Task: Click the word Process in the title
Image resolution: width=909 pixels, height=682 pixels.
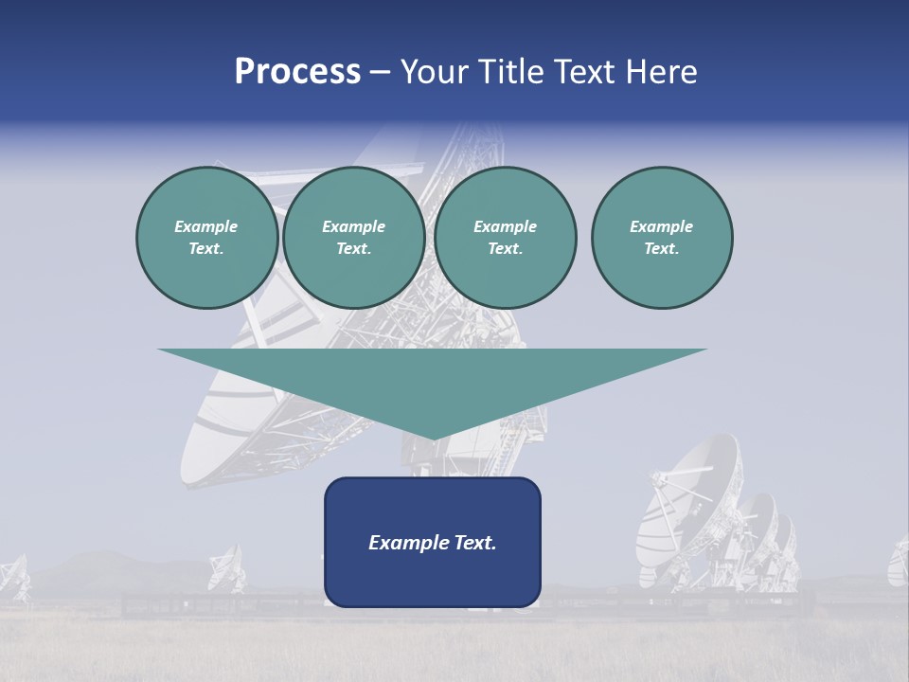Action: (x=297, y=72)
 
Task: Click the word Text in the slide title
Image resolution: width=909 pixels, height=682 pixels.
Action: (x=583, y=72)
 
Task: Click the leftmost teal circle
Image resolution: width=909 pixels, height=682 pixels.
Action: (x=207, y=238)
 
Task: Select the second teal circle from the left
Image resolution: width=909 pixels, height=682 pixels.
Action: (x=354, y=238)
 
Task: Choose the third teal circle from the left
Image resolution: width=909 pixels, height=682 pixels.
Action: (x=506, y=238)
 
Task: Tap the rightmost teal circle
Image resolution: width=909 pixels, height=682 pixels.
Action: (x=662, y=238)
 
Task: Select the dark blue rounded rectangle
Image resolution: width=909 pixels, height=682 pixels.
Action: (x=433, y=542)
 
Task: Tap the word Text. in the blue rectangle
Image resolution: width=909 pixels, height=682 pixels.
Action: (x=473, y=543)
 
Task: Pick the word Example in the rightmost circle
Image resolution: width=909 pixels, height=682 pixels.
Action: (x=662, y=226)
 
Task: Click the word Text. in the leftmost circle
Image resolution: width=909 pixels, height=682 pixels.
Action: (x=206, y=249)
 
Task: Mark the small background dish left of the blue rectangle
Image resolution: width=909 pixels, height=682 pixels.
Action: (x=226, y=567)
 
